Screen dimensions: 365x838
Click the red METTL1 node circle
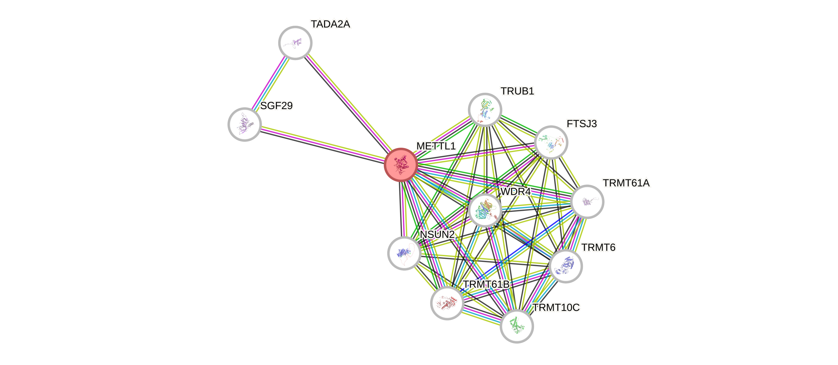401,164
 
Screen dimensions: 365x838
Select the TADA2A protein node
295,43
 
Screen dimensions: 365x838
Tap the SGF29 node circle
245,124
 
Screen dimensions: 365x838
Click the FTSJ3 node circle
551,143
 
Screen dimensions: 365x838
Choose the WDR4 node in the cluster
485,210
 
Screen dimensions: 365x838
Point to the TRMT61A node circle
587,202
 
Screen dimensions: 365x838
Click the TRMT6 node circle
565,266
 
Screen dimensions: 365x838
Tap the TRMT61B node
447,303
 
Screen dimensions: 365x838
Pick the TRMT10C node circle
517,326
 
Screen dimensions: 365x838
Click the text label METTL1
436,146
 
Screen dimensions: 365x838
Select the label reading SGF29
276,106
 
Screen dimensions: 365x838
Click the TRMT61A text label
626,183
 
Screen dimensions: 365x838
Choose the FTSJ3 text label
582,124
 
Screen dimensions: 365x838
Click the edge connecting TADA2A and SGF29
270,83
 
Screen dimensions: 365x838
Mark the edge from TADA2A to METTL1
348,104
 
